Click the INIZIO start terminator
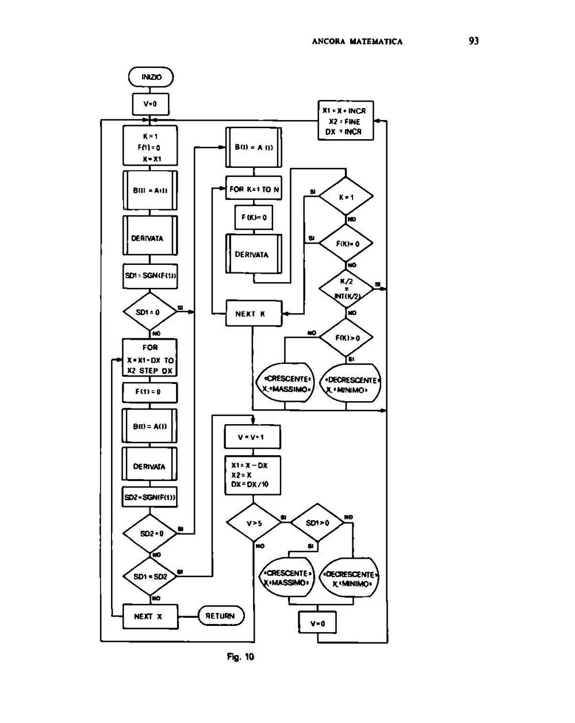tap(150, 77)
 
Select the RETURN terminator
tap(221, 616)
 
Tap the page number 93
tap(474, 41)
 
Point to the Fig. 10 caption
tap(240, 657)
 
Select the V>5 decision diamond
tap(253, 523)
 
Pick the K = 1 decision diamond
tap(346, 197)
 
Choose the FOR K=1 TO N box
tap(254, 189)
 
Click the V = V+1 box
tap(253, 437)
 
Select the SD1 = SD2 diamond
tap(150, 576)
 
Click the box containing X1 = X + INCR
tap(345, 121)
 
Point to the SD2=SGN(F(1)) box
tap(150, 497)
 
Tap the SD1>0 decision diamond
tap(317, 523)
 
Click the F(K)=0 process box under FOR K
tap(254, 218)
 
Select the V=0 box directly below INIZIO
tap(150, 104)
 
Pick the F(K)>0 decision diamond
tap(346, 338)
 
